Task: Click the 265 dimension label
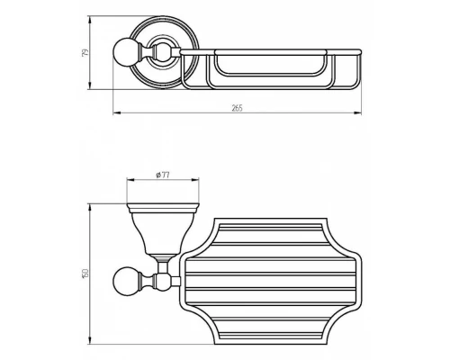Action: [x=237, y=108]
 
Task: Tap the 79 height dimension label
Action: [x=85, y=52]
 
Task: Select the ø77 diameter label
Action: [x=163, y=175]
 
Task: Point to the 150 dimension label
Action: [x=85, y=274]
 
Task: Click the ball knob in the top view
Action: [x=125, y=52]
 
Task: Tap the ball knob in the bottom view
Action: [x=125, y=279]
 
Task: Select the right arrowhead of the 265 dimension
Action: [x=357, y=113]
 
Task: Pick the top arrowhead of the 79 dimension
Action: [x=89, y=20]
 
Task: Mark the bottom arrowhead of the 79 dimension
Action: [x=89, y=85]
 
